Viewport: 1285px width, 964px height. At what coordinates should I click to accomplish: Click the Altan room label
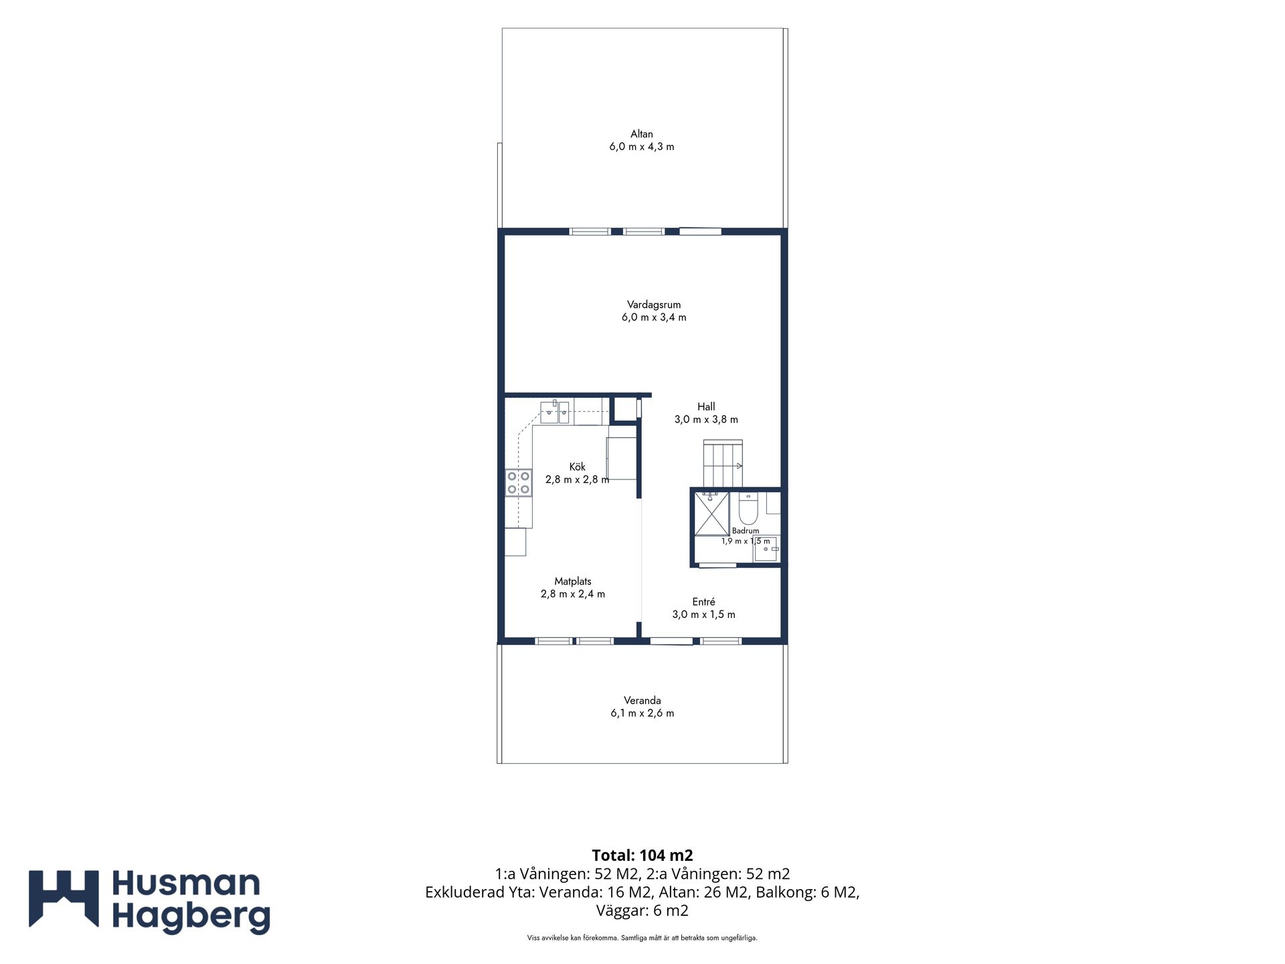point(641,134)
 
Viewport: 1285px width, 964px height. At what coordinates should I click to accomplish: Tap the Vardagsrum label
point(654,305)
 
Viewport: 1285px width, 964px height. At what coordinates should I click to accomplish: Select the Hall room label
point(706,406)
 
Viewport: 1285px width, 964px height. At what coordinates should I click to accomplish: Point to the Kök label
point(577,467)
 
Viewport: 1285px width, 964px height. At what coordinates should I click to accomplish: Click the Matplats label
point(573,581)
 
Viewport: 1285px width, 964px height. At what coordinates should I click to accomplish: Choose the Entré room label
point(703,602)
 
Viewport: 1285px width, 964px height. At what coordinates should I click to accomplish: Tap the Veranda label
point(642,700)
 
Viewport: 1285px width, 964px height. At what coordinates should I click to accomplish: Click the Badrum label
point(746,531)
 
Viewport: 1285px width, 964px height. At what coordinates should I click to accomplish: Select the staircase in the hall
point(723,463)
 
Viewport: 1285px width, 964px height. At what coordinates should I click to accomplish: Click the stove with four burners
point(519,483)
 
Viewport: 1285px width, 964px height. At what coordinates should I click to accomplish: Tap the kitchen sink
point(555,412)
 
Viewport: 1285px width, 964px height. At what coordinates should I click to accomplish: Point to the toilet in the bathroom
point(748,509)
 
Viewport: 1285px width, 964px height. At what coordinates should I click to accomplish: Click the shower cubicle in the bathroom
point(711,514)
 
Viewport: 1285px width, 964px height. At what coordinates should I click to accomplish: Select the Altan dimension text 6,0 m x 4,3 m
point(641,147)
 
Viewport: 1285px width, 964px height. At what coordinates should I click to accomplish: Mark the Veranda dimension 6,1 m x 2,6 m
point(642,713)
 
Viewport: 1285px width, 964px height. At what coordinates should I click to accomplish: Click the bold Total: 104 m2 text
point(642,855)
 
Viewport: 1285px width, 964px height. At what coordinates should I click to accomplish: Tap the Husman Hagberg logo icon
point(64,898)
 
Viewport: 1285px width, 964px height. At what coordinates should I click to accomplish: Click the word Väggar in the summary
point(620,910)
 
